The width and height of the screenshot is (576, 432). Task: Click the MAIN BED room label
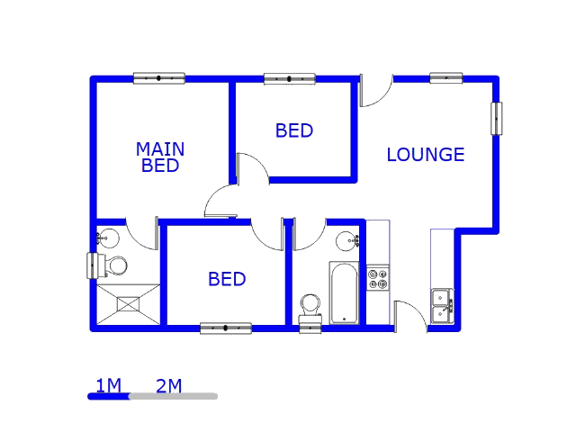(160, 157)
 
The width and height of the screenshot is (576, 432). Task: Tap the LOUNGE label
(425, 155)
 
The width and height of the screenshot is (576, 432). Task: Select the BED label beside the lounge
(294, 130)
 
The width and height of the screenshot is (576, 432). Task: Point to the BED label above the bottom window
(227, 279)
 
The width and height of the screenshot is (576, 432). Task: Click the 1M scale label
(108, 386)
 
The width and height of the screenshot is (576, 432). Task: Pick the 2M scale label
(168, 386)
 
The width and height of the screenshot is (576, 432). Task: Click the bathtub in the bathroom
(344, 292)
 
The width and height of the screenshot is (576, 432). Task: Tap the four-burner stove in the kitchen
(378, 278)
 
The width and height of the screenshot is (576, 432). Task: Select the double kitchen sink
(442, 305)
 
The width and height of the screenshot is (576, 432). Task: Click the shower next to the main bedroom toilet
(129, 304)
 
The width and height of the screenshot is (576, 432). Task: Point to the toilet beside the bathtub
(310, 306)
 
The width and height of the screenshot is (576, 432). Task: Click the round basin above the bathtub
(346, 241)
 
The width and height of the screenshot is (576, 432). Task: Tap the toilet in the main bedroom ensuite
(110, 265)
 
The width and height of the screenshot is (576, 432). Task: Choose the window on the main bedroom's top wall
(159, 78)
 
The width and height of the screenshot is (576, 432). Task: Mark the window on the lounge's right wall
(496, 119)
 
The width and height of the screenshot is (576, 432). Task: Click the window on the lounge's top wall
(446, 77)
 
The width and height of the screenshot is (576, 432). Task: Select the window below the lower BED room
(226, 328)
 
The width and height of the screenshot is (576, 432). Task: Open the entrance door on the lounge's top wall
(376, 90)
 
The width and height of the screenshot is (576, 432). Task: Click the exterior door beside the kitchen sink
(410, 317)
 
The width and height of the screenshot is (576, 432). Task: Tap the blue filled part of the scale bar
(109, 396)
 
